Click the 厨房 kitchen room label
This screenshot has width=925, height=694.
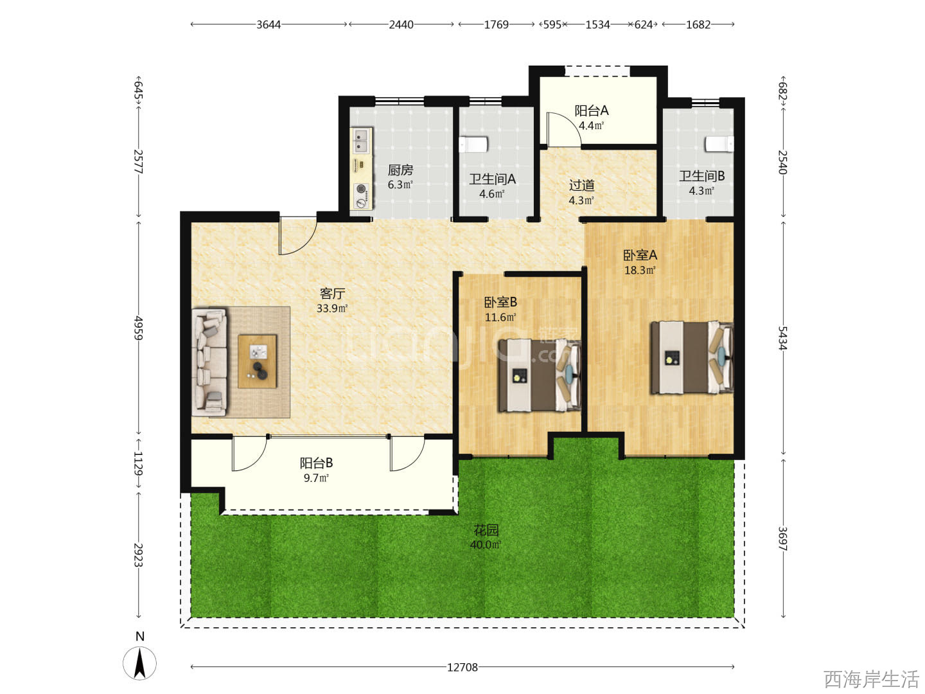400,170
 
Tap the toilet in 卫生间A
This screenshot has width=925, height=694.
473,144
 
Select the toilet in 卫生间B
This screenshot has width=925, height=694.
720,144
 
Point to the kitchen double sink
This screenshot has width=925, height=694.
360,141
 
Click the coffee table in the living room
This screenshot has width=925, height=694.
258,361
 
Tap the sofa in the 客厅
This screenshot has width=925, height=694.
209,362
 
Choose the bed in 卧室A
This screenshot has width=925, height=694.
692,358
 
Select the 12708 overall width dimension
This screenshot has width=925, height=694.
463,667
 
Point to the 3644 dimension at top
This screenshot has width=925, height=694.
269,25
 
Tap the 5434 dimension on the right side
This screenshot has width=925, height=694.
782,338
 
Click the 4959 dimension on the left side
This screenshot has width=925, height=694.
139,328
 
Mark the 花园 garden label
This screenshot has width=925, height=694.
486,529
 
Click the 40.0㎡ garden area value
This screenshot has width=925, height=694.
486,545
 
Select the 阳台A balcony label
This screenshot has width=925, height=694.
591,111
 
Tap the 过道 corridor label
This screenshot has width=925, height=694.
581,185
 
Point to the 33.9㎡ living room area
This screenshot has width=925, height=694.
332,308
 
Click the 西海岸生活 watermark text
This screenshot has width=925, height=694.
871,679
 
